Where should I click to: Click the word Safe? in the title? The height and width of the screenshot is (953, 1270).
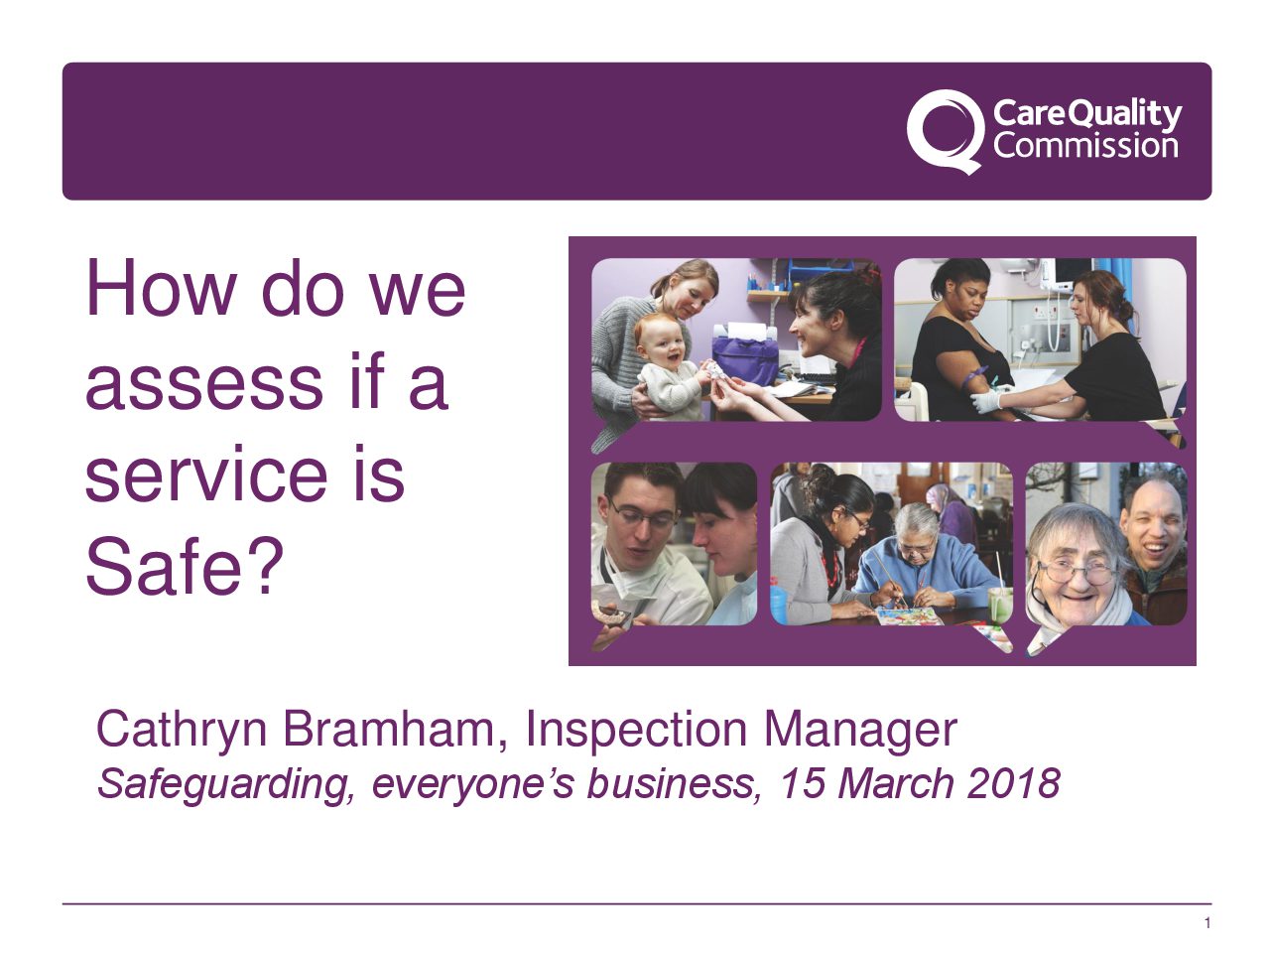click(x=185, y=567)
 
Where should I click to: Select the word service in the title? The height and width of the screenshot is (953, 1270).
click(x=203, y=475)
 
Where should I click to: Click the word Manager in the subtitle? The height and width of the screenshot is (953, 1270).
click(x=860, y=731)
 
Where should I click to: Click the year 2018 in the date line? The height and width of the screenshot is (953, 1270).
click(x=1013, y=784)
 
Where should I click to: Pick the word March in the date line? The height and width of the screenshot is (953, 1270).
click(x=896, y=784)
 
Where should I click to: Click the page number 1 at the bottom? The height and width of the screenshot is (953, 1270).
click(x=1206, y=923)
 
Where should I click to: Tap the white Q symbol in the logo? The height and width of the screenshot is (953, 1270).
click(x=943, y=130)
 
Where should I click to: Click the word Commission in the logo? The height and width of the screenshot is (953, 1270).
click(x=1085, y=147)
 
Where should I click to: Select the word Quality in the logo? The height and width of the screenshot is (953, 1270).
click(x=1127, y=114)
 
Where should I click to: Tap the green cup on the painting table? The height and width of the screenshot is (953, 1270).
click(x=1000, y=603)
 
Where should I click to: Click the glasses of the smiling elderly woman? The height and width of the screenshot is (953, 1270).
click(x=1076, y=572)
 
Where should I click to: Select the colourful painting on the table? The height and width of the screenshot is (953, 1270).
click(x=907, y=616)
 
